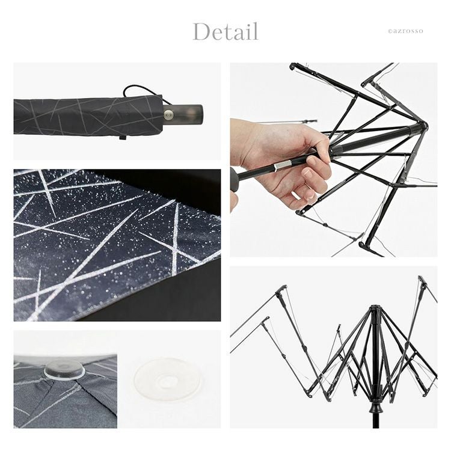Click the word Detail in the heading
point(226,32)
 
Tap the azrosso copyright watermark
point(405,31)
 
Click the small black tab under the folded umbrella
point(122,138)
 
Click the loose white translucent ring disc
point(168,378)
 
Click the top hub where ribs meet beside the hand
point(422,126)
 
